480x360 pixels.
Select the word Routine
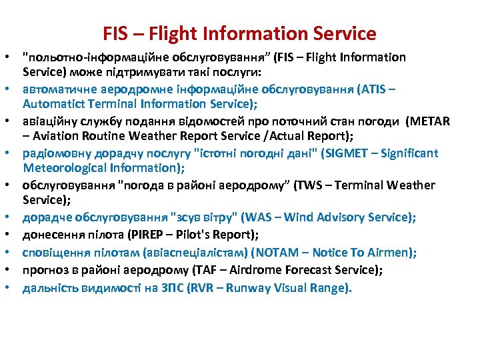[x=101, y=136]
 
